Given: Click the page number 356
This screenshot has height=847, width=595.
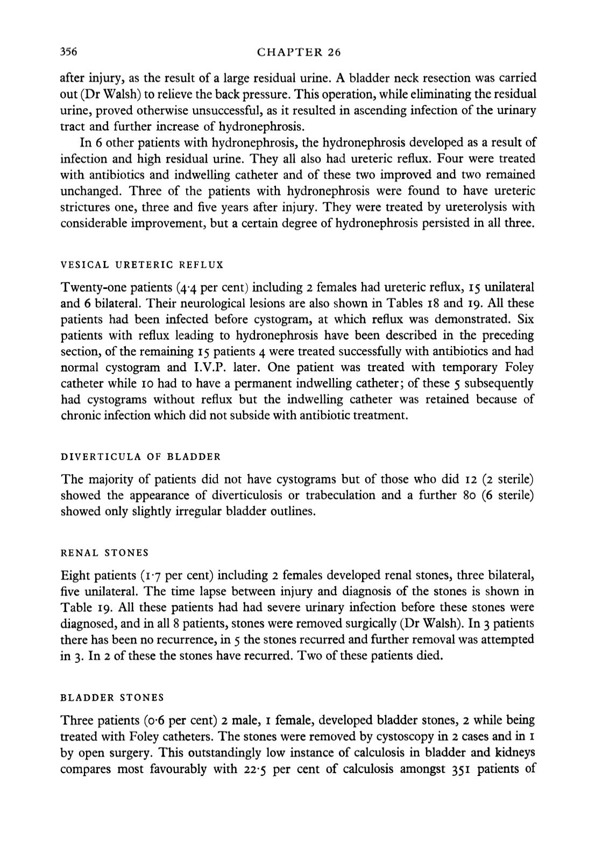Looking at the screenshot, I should [x=69, y=52].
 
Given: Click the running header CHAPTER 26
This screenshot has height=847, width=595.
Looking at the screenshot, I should [x=299, y=52].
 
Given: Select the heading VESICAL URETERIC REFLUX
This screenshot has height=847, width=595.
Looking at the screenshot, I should [x=142, y=265].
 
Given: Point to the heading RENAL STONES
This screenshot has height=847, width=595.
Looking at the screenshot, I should [x=104, y=553].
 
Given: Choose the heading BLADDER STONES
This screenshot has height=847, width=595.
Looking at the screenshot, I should [x=112, y=697].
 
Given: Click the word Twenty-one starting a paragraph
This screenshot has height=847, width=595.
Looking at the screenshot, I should [x=88, y=288].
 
